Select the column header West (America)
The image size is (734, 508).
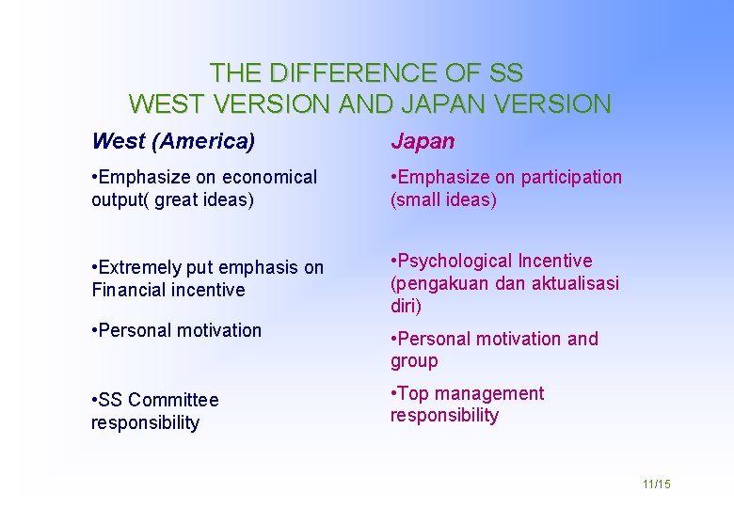pyautogui.click(x=173, y=142)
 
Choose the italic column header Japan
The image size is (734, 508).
pyautogui.click(x=423, y=142)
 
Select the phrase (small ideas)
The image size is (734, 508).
pyautogui.click(x=443, y=200)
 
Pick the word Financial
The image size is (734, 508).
pyautogui.click(x=127, y=291)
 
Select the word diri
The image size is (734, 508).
pyautogui.click(x=407, y=307)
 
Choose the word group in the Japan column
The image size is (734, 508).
pyautogui.click(x=414, y=361)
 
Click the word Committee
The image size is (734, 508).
pyautogui.click(x=174, y=401)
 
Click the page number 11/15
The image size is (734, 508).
pyautogui.click(x=656, y=484)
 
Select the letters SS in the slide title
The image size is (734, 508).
pyautogui.click(x=506, y=72)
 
